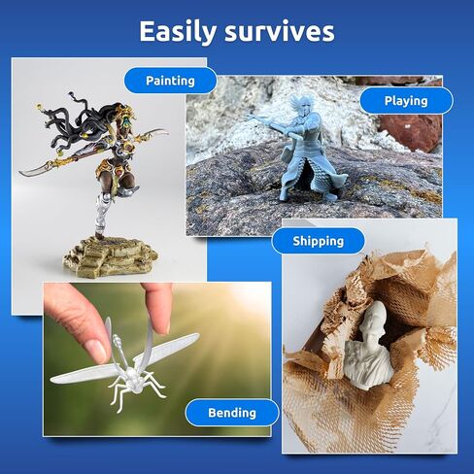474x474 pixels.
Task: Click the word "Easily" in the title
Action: (178, 32)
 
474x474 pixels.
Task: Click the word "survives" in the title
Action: (280, 32)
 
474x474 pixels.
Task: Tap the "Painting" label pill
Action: (170, 81)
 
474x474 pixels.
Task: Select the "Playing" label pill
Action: (406, 101)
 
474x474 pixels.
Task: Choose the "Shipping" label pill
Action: (319, 241)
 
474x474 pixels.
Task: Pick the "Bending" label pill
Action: (232, 413)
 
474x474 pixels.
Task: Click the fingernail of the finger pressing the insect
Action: (96, 351)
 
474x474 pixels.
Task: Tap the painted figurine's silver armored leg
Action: (103, 211)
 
